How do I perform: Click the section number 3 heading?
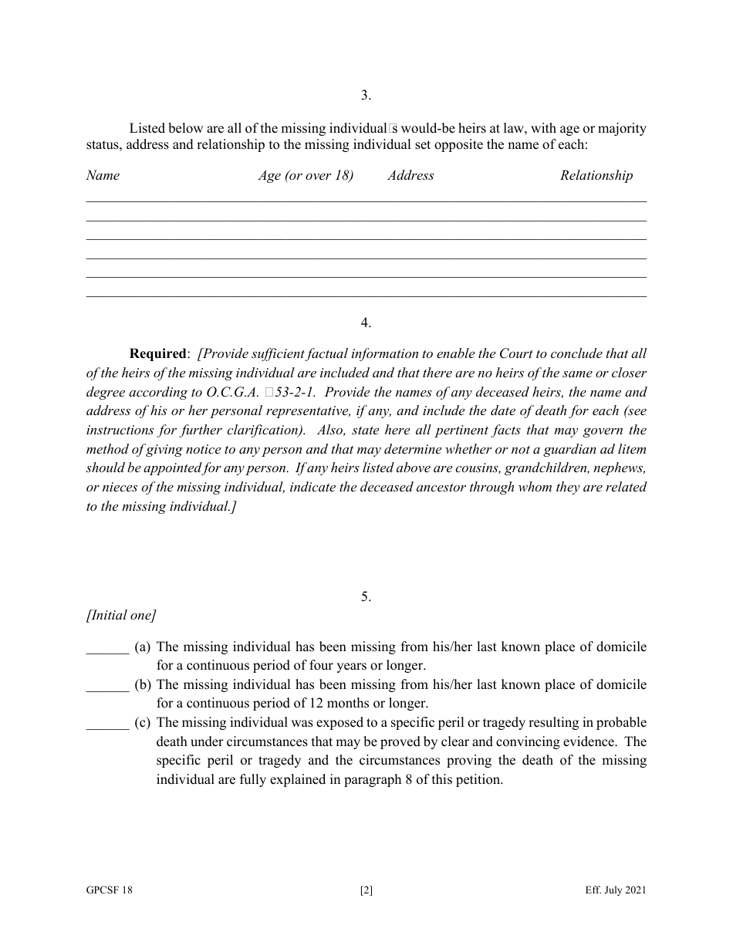point(366,96)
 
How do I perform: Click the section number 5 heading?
point(366,596)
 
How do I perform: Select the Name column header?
point(103,175)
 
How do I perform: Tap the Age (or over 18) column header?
point(306,175)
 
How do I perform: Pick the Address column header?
point(410,175)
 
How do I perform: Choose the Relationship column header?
point(596,175)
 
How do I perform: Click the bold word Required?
point(158,354)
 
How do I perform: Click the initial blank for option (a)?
point(107,648)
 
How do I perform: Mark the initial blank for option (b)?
point(107,686)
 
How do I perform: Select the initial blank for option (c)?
point(107,724)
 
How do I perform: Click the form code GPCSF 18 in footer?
point(110,890)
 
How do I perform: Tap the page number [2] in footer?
point(366,890)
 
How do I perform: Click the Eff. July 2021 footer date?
point(615,890)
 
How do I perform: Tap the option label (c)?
point(142,723)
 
